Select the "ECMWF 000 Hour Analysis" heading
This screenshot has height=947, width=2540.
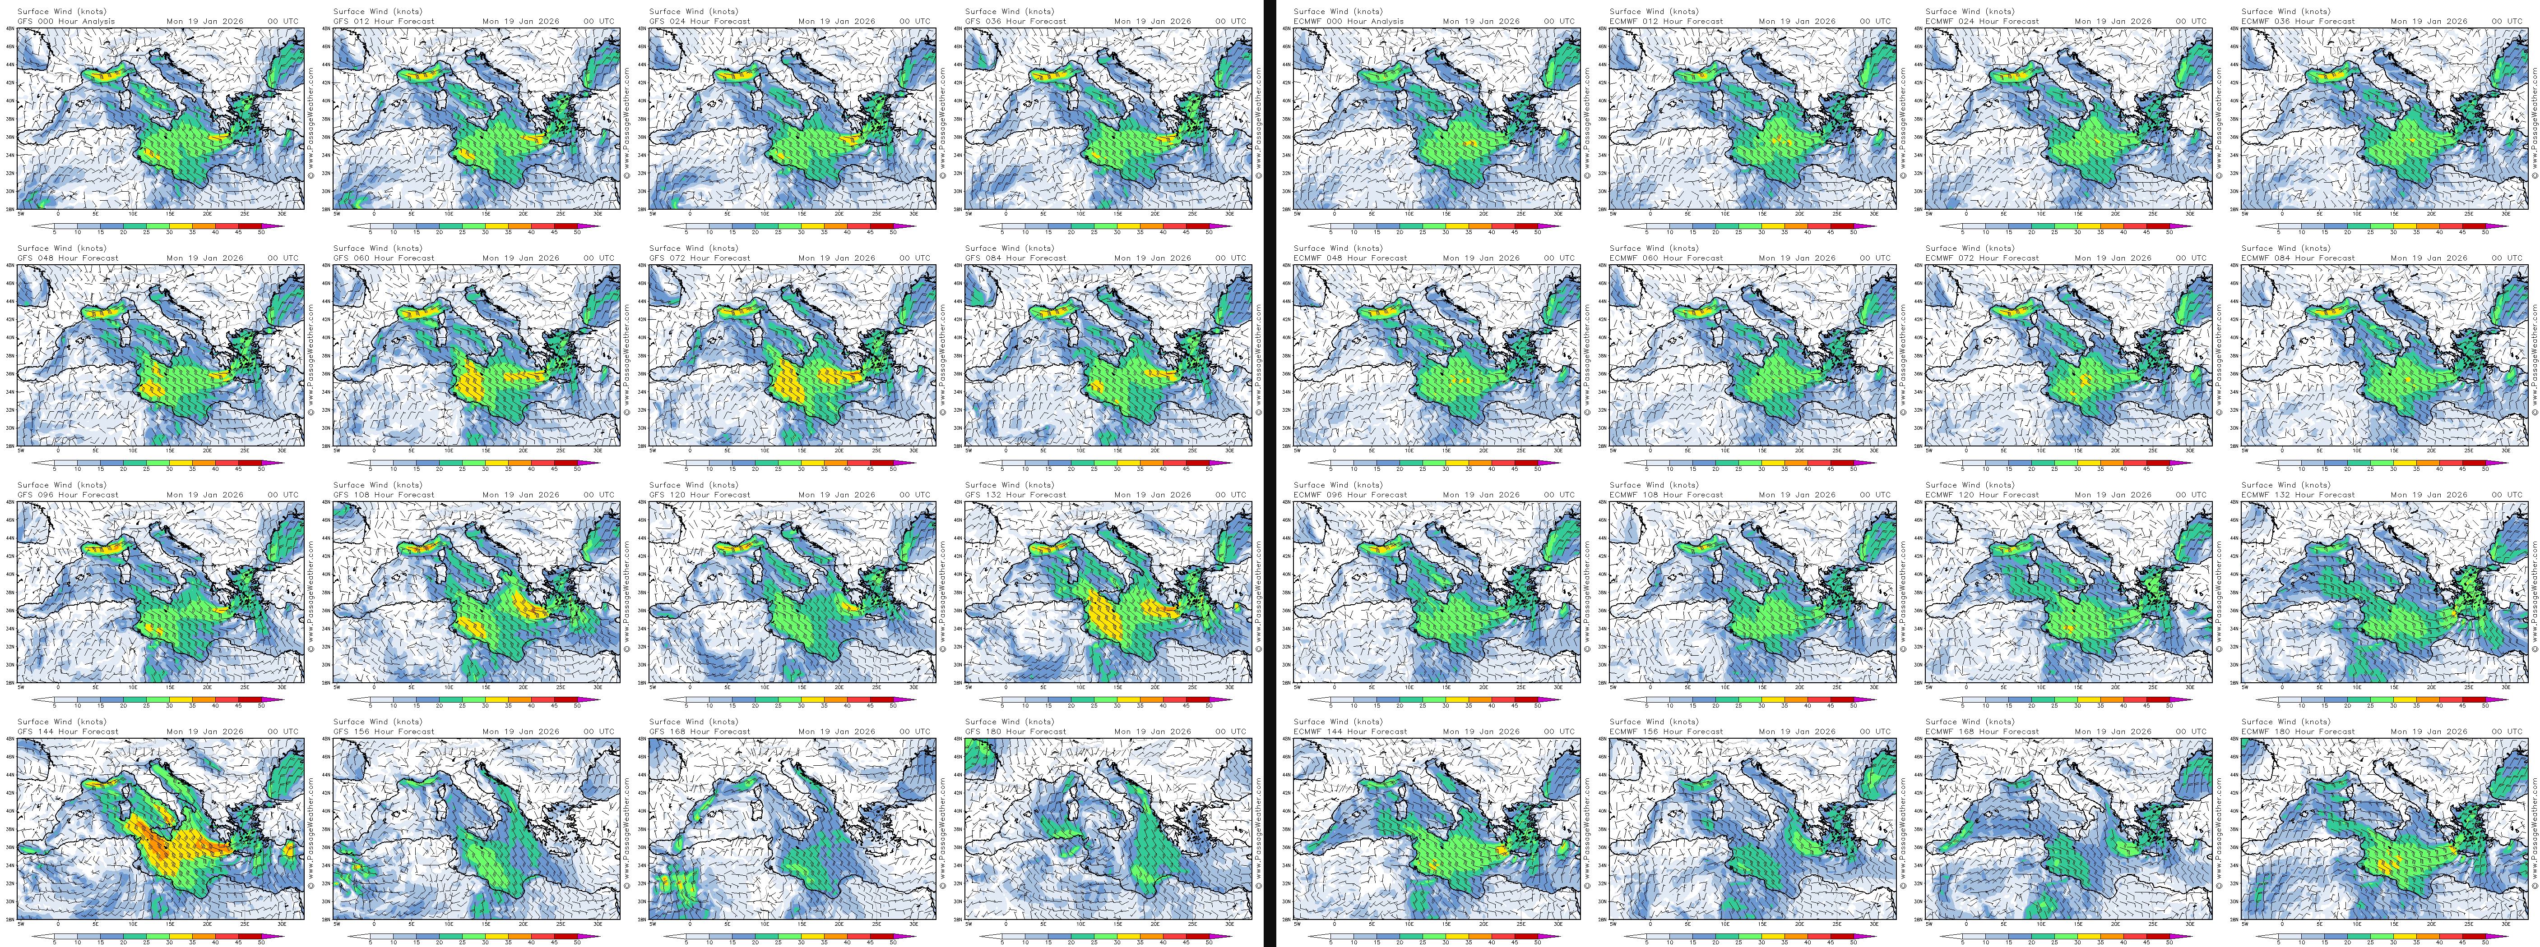tap(1348, 21)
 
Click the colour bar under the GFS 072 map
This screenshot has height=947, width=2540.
tap(789, 462)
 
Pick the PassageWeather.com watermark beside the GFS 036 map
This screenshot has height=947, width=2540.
tap(1258, 118)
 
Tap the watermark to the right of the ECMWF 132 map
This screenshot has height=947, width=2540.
tap(2534, 591)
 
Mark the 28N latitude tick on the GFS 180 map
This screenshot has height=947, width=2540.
tap(959, 919)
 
